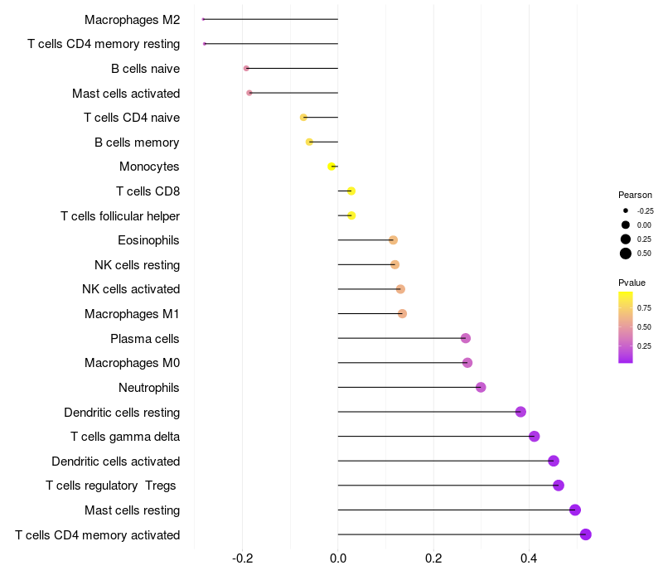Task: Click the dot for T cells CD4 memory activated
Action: click(585, 534)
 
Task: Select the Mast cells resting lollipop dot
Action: click(575, 510)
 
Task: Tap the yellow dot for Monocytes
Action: click(331, 167)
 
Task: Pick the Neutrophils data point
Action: click(481, 387)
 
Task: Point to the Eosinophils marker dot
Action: click(393, 240)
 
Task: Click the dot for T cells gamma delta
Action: click(534, 437)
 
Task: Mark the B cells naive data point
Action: click(246, 68)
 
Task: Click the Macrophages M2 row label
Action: click(132, 19)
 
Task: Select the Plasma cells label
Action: click(145, 338)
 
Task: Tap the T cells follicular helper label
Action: click(120, 216)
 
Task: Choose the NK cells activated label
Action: click(131, 289)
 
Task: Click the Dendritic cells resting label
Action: click(122, 412)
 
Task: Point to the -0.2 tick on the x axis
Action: click(242, 558)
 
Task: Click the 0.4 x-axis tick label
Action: click(529, 558)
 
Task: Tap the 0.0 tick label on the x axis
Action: click(338, 558)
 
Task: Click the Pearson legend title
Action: click(635, 195)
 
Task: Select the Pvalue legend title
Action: click(632, 283)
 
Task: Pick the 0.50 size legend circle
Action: click(626, 254)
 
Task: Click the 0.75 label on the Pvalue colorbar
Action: click(644, 307)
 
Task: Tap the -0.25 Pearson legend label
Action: click(646, 210)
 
